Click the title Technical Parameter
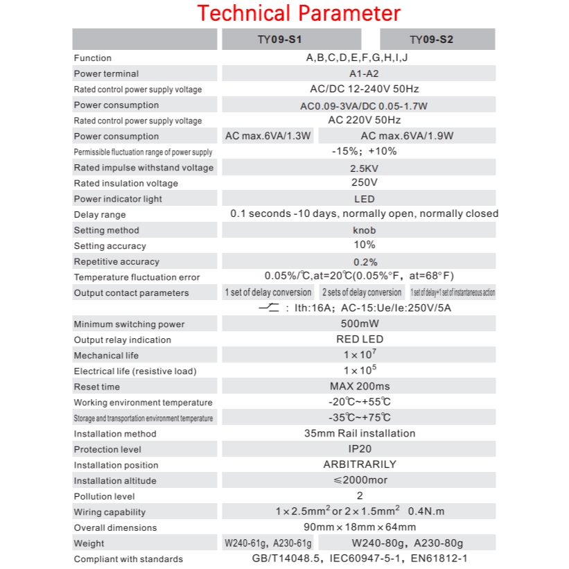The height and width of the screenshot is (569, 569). [299, 13]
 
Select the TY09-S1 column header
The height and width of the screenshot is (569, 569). [290, 40]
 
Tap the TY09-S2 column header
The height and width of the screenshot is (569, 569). [431, 40]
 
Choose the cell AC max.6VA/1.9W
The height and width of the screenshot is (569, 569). [407, 136]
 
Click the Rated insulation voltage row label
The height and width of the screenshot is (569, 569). [126, 184]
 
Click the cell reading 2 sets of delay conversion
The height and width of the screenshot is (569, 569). [362, 292]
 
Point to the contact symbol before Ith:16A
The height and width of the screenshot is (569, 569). [268, 308]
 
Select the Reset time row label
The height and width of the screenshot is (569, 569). [97, 387]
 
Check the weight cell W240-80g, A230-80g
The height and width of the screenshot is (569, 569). [407, 543]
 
